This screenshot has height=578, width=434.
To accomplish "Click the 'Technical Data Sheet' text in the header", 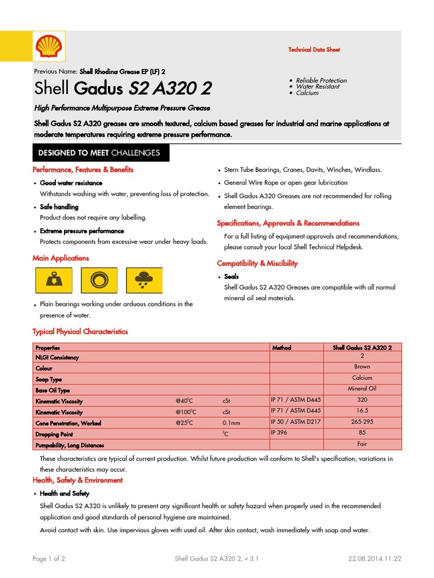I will coord(314,50).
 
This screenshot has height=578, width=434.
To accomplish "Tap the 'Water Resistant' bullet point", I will coord(318,87).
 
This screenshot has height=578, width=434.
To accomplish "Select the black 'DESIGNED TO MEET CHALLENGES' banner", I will coord(99,153).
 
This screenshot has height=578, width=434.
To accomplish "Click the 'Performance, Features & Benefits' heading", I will coord(83,170).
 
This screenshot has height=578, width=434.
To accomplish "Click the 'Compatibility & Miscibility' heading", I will coord(257,264).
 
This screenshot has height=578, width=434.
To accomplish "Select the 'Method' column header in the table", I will coord(281,348).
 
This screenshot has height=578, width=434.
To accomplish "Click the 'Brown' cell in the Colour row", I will coord(362,367).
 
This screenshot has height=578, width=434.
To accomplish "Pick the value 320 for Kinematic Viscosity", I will coord(362,400).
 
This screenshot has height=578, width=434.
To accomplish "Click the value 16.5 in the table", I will coord(362,411).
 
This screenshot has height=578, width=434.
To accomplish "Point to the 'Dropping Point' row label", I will coord(55,434).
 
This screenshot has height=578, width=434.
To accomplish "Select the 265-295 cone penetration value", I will coord(362,422).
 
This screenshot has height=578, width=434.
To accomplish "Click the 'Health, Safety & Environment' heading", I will coord(77,480).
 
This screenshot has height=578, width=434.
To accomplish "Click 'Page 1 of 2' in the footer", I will coord(49,559).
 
